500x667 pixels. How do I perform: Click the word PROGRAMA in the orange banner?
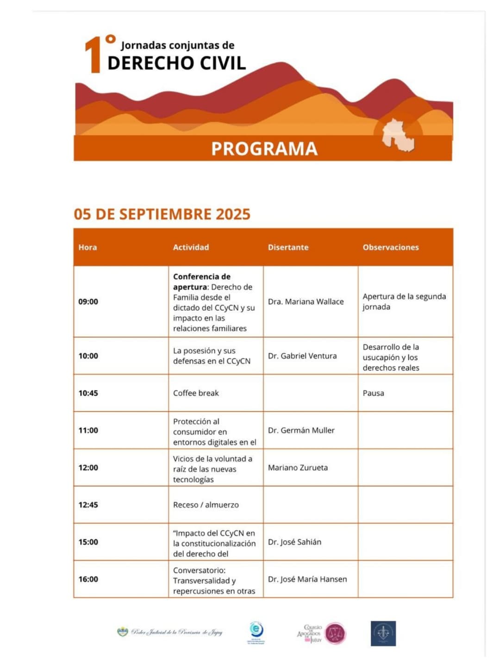tap(264, 149)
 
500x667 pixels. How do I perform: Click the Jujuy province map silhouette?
tap(399, 134)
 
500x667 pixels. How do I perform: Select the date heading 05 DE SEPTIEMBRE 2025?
tap(162, 214)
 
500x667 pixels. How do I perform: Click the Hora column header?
tap(87, 247)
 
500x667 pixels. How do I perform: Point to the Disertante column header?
tap(288, 247)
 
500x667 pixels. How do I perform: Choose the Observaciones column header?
tap(390, 247)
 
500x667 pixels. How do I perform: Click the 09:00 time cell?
tap(88, 302)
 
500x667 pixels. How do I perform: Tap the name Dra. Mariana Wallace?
tap(306, 302)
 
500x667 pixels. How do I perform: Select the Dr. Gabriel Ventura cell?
tap(302, 356)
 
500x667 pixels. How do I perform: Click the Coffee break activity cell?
tap(196, 393)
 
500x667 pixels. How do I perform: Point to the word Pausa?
tap(373, 393)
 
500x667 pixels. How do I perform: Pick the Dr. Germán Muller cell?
tap(301, 430)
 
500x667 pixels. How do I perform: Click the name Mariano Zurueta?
tap(298, 467)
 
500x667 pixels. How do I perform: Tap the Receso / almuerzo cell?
tap(206, 505)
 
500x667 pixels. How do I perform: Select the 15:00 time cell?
tap(88, 542)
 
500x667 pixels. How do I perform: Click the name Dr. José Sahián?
tap(294, 542)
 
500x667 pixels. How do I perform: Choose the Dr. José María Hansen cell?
tap(307, 579)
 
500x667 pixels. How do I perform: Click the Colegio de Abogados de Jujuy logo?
tap(321, 633)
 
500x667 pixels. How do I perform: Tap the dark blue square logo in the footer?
tap(383, 633)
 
